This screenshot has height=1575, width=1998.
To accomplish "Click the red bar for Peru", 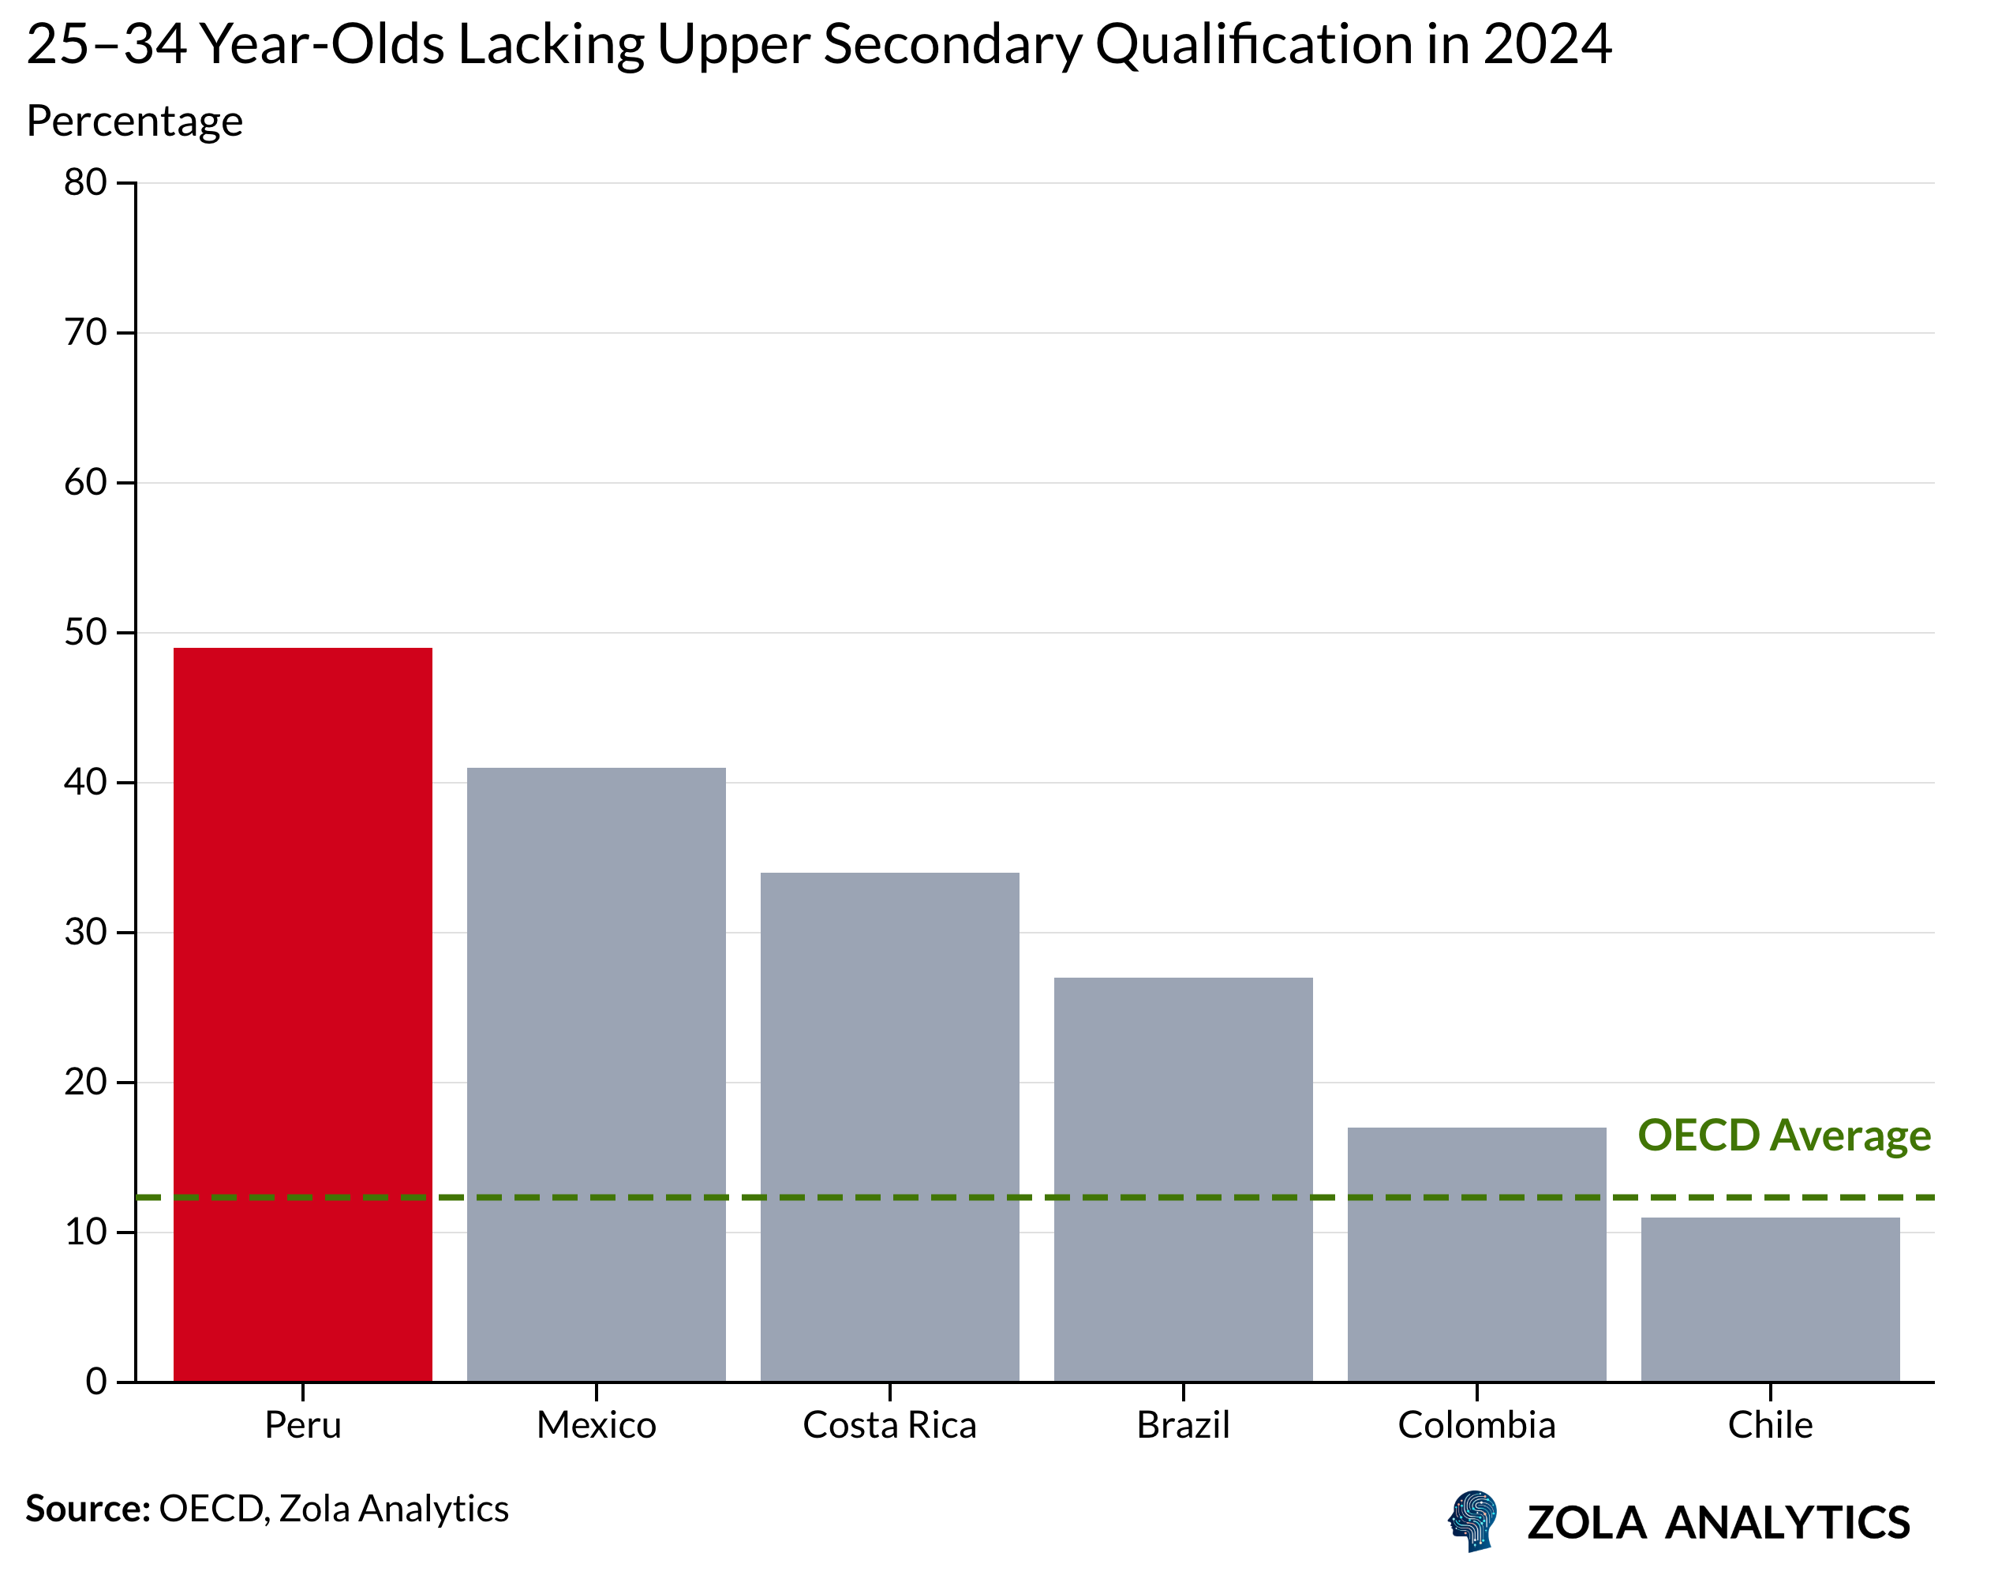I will pyautogui.click(x=302, y=1014).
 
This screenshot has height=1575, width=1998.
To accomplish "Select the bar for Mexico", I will pyautogui.click(x=596, y=1074).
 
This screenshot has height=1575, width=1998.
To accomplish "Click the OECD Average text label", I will pyautogui.click(x=1783, y=1135).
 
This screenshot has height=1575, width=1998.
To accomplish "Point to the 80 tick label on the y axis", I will pyautogui.click(x=84, y=182).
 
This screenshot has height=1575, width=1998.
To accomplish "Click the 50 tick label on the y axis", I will pyautogui.click(x=84, y=633).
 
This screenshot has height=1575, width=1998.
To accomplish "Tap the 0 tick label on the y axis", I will pyautogui.click(x=96, y=1382).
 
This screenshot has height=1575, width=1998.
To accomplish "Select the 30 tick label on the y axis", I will pyautogui.click(x=84, y=932).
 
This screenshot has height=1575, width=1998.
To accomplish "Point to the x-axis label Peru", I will pyautogui.click(x=302, y=1425).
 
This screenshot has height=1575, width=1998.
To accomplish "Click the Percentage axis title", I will pyautogui.click(x=135, y=121).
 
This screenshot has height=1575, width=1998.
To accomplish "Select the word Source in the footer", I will pyautogui.click(x=88, y=1509).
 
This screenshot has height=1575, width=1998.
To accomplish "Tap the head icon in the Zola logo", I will pyautogui.click(x=1472, y=1521).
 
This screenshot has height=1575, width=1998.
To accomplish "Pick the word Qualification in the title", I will pyautogui.click(x=1254, y=43).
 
